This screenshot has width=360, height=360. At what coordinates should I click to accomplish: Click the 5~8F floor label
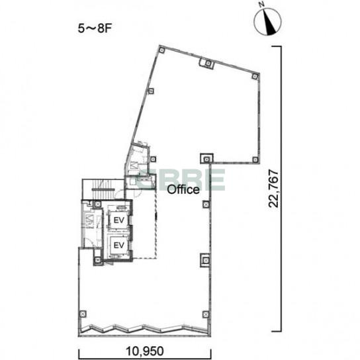[x=95, y=28]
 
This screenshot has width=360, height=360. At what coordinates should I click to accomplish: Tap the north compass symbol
[x=267, y=21]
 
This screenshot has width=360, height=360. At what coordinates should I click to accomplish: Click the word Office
[x=183, y=190]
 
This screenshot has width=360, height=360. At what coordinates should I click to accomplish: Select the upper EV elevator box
[x=119, y=220]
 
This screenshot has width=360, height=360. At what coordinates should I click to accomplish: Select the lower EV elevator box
[x=119, y=246]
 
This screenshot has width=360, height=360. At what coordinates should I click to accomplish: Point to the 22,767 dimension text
[x=274, y=189]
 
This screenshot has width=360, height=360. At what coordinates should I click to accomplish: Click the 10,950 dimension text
[x=145, y=351]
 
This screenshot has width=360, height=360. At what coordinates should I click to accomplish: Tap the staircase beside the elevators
[x=103, y=189]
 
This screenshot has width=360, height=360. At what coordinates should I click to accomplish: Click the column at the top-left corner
[x=162, y=50]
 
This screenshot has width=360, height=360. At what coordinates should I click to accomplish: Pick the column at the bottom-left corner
[x=83, y=314]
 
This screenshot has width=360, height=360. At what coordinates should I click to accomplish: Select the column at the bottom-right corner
[x=206, y=314]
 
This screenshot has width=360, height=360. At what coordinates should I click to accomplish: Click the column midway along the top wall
[x=208, y=63]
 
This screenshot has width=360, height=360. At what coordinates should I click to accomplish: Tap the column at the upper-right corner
[x=255, y=76]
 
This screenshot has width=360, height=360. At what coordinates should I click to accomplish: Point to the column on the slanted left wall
[x=151, y=91]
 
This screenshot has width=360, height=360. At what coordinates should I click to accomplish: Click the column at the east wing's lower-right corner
[x=255, y=159]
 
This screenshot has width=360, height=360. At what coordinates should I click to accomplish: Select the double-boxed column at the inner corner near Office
[x=206, y=159]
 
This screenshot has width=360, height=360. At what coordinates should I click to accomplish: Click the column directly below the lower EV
[x=98, y=260]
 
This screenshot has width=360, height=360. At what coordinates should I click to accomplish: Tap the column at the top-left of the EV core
[x=98, y=204]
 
